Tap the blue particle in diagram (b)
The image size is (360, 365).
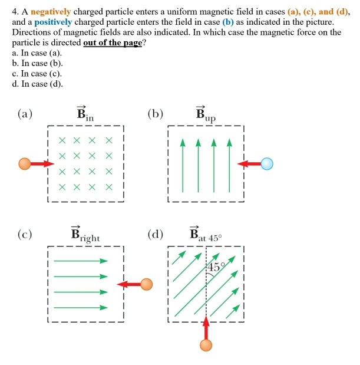267,163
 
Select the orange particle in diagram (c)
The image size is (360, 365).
146,285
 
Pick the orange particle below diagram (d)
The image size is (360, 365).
206,345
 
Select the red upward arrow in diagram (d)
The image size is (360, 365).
206,326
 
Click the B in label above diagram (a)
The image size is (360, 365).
85,115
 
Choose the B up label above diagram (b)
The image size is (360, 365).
206,116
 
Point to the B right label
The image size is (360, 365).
85,236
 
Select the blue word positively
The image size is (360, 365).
48,22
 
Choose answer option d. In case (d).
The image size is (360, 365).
37,83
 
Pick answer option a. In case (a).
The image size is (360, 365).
37,52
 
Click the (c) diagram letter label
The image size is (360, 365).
24,235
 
